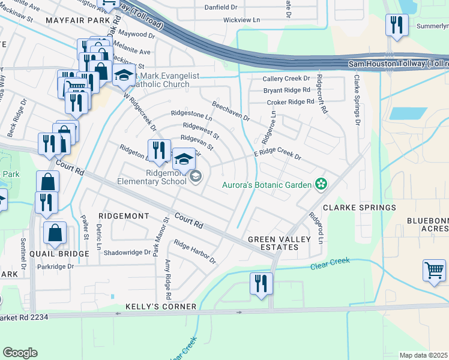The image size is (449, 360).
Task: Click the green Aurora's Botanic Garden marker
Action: coord(321,184)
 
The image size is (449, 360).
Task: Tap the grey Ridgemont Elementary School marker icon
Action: coord(195,176)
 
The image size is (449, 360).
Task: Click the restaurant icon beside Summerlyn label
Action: coord(396,25)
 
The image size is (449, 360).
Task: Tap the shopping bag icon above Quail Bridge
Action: coord(55,234)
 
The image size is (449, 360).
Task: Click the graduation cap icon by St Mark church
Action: coord(124,77)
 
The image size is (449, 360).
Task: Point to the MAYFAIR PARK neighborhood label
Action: coord(74,20)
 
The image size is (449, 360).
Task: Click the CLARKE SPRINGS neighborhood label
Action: coord(360,208)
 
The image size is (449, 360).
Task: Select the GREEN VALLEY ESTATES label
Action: coord(280,244)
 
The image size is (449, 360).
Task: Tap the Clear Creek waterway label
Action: coord(330,261)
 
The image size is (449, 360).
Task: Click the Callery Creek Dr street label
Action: coord(286,79)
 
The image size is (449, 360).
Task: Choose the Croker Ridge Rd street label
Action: coord(291,102)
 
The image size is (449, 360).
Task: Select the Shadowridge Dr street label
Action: coord(127,253)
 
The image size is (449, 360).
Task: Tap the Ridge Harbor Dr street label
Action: coord(194,252)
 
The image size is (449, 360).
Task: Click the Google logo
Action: coord(20,353)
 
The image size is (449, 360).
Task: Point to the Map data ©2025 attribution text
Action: coord(423,355)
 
